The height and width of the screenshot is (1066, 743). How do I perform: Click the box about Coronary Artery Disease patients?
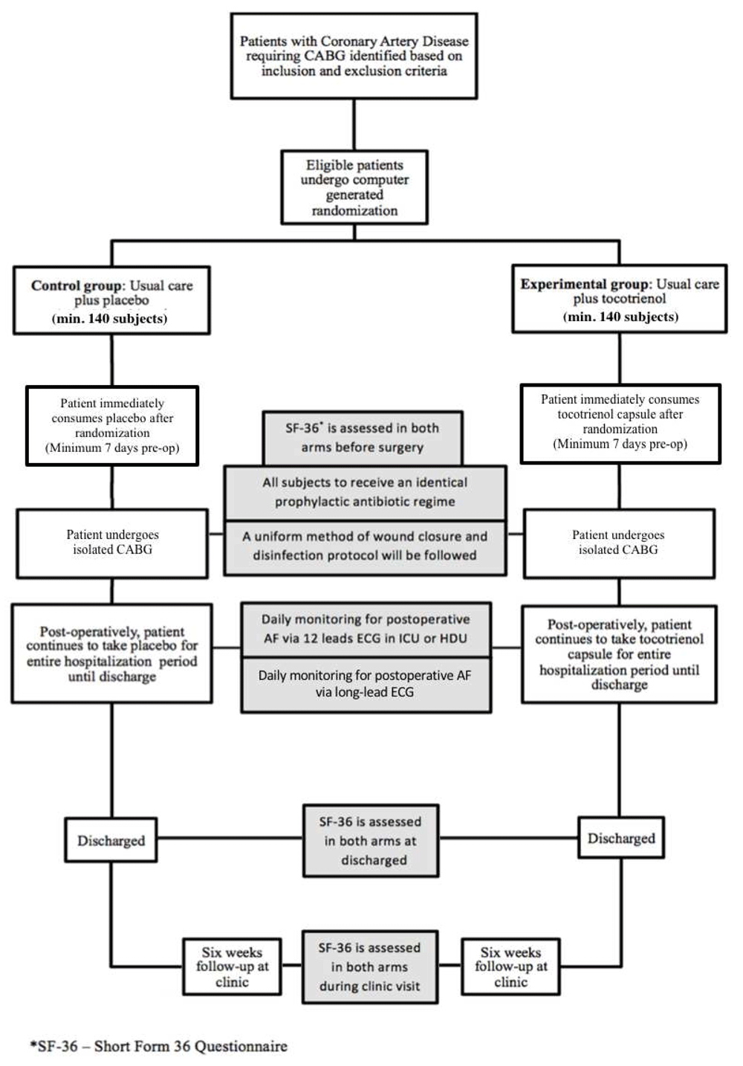click(x=354, y=56)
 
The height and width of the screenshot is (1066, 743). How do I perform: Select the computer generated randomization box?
click(x=354, y=187)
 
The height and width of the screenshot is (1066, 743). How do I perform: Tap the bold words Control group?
click(x=76, y=285)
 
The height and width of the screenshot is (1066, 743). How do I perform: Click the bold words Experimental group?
click(x=585, y=284)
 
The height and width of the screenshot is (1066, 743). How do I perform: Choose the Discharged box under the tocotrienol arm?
click(x=621, y=838)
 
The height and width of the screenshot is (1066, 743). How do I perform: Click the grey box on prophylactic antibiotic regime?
click(x=365, y=492)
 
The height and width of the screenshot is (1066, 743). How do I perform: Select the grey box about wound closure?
click(x=365, y=547)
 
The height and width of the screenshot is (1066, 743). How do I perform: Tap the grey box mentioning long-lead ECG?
click(x=366, y=685)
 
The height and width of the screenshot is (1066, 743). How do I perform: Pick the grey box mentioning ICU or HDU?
click(x=366, y=630)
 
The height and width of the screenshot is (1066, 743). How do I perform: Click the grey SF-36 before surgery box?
click(x=363, y=438)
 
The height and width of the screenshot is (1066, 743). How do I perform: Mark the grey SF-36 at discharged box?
click(x=371, y=841)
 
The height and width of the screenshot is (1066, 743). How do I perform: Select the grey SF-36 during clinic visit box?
click(x=370, y=967)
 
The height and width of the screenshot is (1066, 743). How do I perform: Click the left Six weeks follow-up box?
click(x=232, y=966)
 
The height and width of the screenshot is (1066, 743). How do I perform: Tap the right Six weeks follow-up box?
click(x=511, y=966)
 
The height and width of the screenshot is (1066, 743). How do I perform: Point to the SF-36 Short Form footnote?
click(x=159, y=1047)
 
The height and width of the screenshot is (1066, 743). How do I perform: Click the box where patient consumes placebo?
click(x=112, y=425)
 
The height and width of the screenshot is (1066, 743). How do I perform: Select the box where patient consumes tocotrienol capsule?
click(x=620, y=423)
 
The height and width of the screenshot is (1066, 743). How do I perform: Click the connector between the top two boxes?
click(x=354, y=125)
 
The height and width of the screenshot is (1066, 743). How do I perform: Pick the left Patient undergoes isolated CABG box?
click(x=112, y=543)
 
